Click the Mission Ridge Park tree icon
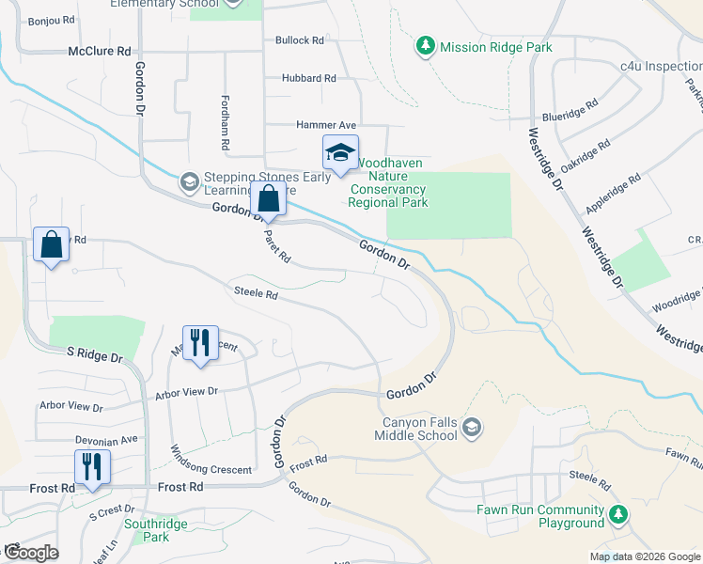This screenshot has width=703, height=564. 426,46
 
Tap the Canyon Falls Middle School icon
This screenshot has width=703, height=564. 472,429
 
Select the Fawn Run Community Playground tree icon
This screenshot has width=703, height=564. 617,514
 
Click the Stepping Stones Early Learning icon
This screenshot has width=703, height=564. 189,180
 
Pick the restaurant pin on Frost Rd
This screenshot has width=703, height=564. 92,468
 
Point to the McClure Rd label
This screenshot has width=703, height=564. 100,53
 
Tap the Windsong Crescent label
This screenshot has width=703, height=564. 211,470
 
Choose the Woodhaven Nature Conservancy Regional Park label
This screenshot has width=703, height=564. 388,182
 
